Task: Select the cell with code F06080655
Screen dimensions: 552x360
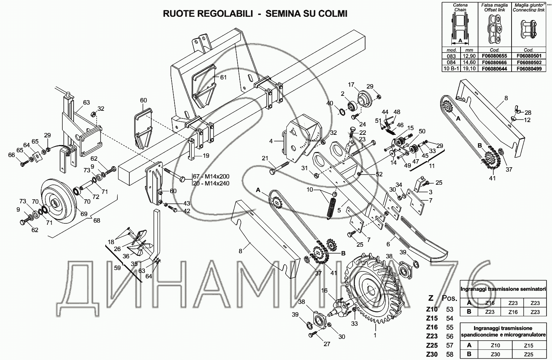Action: click(x=494, y=56)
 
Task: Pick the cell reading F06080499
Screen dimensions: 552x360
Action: click(x=529, y=69)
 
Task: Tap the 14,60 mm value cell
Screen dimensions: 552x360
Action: click(x=469, y=63)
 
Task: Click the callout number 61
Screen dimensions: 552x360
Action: click(x=223, y=77)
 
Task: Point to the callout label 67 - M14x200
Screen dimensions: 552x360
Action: click(x=211, y=176)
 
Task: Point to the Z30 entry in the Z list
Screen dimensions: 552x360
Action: click(x=432, y=354)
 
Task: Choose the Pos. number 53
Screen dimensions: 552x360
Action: click(x=450, y=309)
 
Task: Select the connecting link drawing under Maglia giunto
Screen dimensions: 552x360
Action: click(x=528, y=29)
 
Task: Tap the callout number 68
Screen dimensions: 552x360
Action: click(x=97, y=220)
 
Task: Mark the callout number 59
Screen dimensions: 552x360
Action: click(x=117, y=267)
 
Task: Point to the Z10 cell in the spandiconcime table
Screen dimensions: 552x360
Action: click(x=495, y=345)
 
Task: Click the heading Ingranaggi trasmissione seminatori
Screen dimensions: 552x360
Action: click(x=503, y=289)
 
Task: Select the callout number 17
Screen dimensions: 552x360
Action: click(x=351, y=85)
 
